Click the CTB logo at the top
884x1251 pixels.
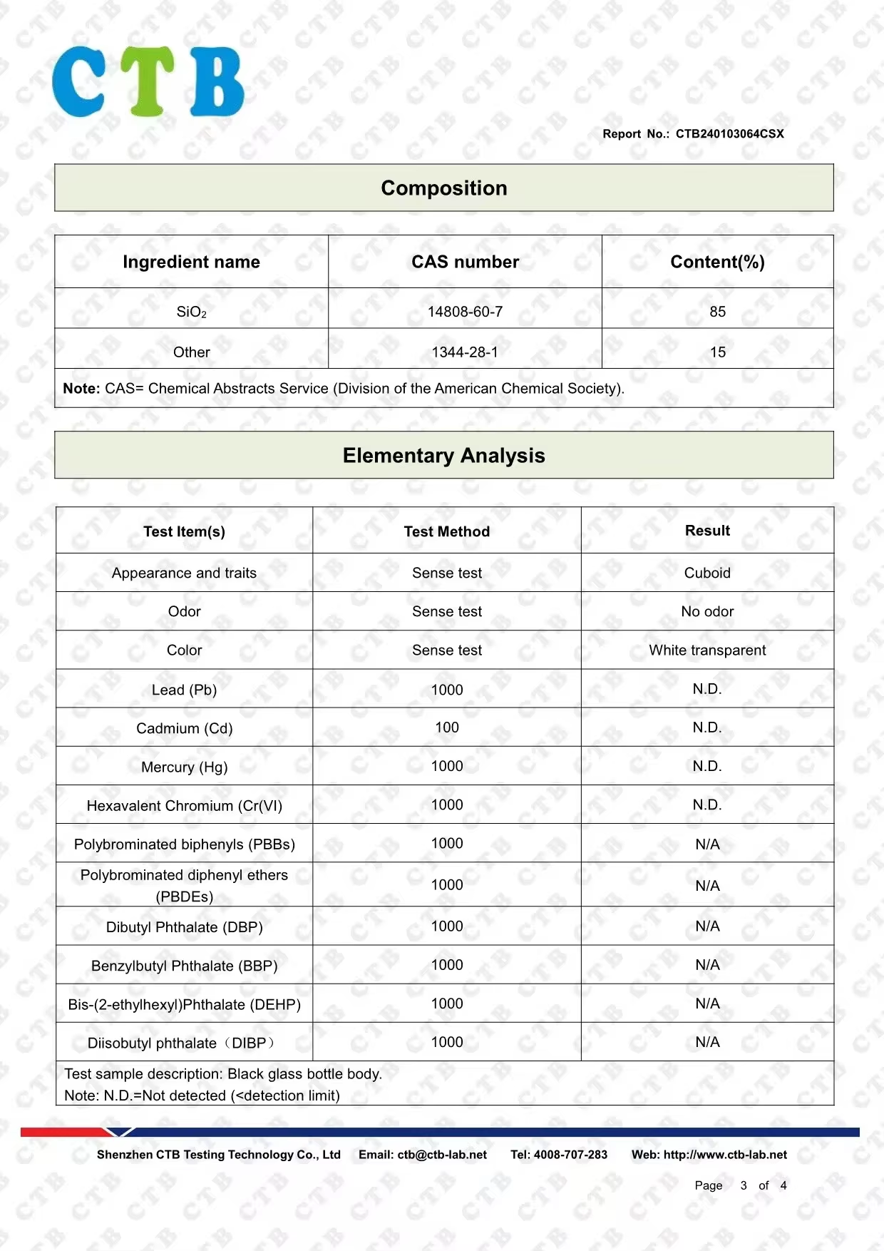148,81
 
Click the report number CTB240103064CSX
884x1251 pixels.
729,133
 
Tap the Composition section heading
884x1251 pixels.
443,188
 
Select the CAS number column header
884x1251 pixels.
465,262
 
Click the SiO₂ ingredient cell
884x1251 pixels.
191,312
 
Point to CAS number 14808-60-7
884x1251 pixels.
465,312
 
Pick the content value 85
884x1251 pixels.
717,312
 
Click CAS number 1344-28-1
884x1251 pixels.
465,352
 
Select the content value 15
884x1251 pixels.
717,352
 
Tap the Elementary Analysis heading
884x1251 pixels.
443,456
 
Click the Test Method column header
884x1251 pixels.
446,531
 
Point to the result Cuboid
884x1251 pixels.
707,573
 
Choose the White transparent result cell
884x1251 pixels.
707,650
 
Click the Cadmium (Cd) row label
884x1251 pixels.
184,728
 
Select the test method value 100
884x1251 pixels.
446,727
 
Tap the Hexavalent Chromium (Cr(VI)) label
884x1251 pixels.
184,805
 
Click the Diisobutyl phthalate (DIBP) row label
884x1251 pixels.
181,1043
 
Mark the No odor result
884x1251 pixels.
707,611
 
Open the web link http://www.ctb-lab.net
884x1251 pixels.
725,1155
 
